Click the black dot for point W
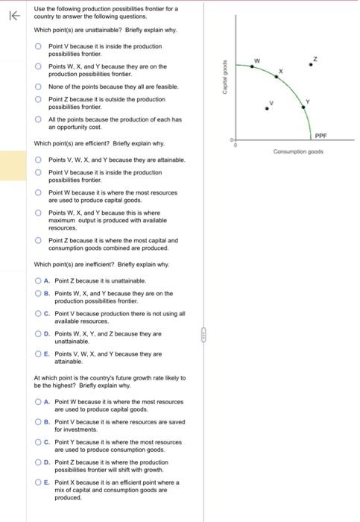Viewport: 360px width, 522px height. (252, 67)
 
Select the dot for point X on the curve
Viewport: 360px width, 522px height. (274, 78)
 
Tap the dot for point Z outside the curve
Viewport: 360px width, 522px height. (315, 64)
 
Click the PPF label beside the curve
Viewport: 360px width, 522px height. (320, 136)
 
